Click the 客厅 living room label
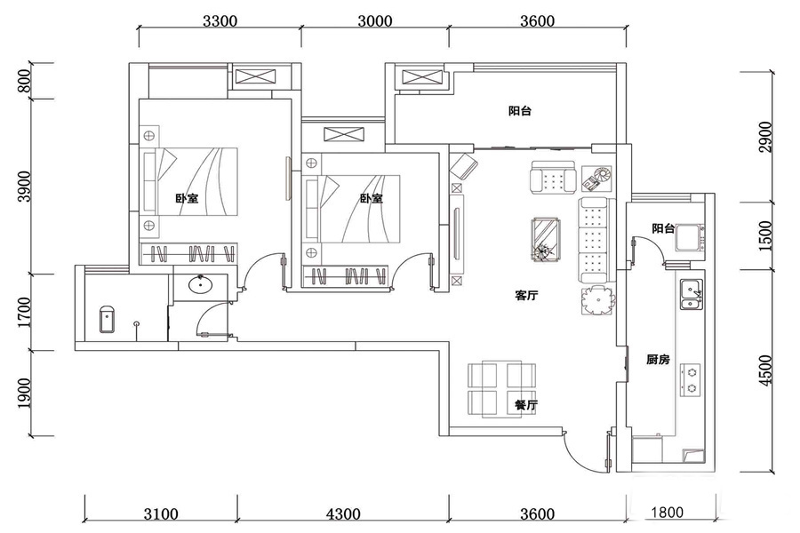[x=526, y=295]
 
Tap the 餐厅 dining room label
[x=526, y=405]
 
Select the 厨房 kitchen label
[x=658, y=360]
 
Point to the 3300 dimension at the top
[x=220, y=21]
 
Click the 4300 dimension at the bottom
[x=343, y=513]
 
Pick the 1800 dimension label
[x=667, y=512]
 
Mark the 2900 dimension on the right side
[x=765, y=137]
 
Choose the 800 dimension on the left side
[x=24, y=81]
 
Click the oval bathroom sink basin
[x=201, y=284]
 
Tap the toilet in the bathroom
[x=107, y=319]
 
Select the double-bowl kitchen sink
[x=691, y=295]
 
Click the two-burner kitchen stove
[x=691, y=380]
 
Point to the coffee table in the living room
[x=546, y=239]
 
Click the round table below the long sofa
[x=597, y=301]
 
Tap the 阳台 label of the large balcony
[x=520, y=111]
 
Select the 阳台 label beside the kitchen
[x=663, y=228]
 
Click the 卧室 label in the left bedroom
[x=188, y=198]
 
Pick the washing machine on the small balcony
[x=689, y=239]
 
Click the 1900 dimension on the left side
[x=24, y=394]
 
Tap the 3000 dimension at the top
[x=375, y=21]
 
